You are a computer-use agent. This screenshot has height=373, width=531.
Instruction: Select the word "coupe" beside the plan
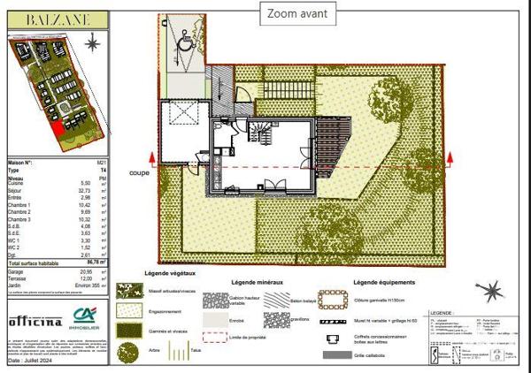(138, 173)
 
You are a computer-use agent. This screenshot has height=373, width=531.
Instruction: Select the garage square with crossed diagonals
(183, 125)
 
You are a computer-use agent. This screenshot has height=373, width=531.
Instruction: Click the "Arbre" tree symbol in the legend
(127, 353)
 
